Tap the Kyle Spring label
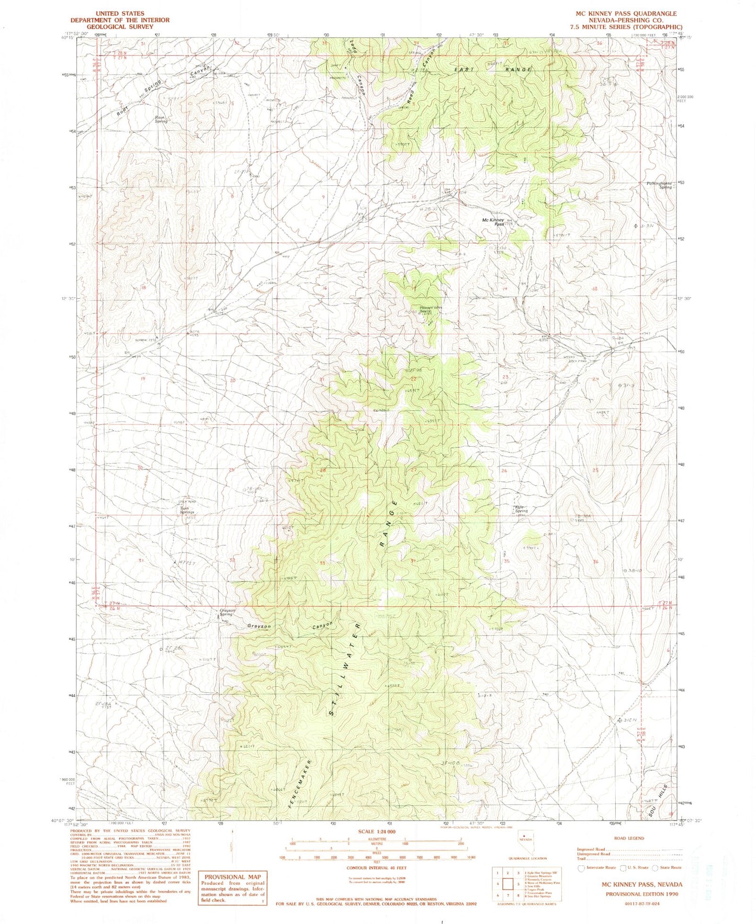point(520,509)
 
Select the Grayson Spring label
point(227,612)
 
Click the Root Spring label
point(160,119)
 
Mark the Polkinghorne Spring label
point(659,185)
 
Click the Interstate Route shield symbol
point(581,867)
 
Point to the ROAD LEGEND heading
point(629,838)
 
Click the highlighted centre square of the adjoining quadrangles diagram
point(507,884)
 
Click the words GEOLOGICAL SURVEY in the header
point(120,27)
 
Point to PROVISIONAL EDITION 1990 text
point(642,894)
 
